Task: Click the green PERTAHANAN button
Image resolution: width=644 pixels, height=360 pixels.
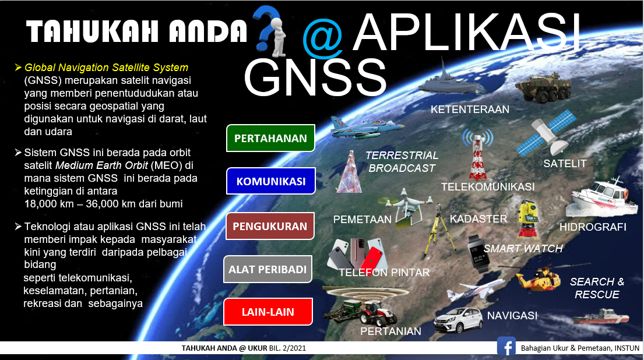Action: click(270, 138)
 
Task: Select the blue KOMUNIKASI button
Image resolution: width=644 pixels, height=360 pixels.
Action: click(270, 181)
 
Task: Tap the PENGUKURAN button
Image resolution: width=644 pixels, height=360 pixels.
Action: click(270, 226)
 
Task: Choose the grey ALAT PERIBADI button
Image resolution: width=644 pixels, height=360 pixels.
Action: click(268, 269)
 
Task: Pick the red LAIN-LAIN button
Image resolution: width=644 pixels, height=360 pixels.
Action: click(268, 312)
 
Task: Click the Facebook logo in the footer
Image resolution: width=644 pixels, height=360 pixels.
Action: click(506, 346)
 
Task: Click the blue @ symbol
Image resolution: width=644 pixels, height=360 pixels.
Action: click(323, 39)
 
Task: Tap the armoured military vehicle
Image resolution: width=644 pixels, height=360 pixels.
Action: click(543, 87)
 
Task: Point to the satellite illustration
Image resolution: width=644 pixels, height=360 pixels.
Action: click(546, 133)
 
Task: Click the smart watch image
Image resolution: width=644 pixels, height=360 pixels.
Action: click(477, 253)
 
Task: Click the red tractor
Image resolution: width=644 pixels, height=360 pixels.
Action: click(377, 313)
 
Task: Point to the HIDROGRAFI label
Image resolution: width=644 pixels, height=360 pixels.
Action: click(593, 227)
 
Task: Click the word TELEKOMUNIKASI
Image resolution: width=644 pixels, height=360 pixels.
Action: click(488, 187)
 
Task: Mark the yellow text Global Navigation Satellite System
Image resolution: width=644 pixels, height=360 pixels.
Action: click(107, 68)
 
